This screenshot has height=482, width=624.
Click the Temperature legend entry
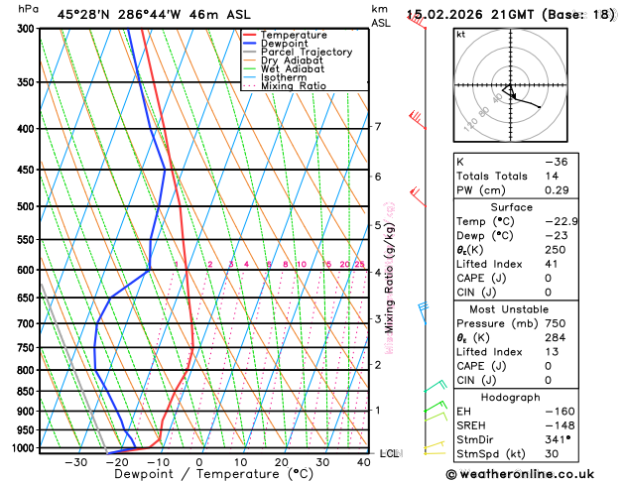point(294,36)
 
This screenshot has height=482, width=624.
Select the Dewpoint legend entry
point(287,44)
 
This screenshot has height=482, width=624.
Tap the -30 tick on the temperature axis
point(75,462)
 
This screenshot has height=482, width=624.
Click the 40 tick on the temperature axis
point(365,462)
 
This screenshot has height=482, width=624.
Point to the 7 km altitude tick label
point(377,127)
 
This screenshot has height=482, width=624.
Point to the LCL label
point(389,453)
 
